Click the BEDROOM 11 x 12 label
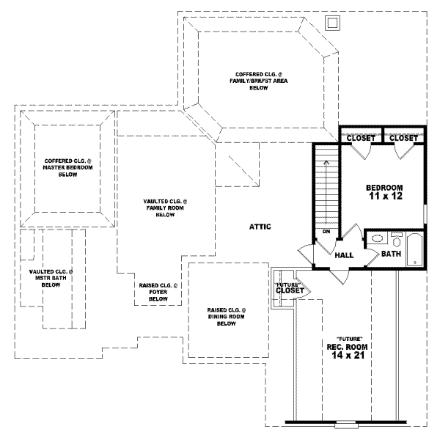[x=384, y=192]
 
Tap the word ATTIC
[x=260, y=227]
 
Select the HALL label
[x=345, y=255]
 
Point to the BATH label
[x=390, y=254]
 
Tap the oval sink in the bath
[x=377, y=239]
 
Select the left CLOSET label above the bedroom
[x=361, y=138]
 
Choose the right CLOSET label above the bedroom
[x=403, y=138]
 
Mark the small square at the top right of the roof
[x=331, y=23]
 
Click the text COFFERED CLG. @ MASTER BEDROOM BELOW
[x=67, y=168]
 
